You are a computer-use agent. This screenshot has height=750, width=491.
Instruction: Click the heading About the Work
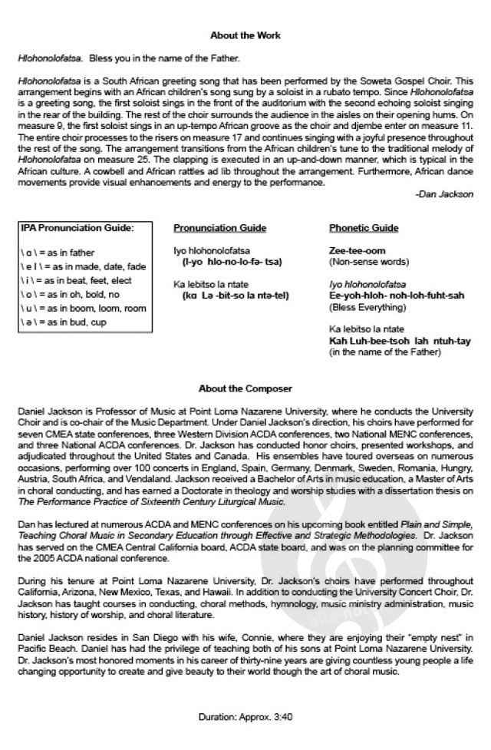tap(245, 35)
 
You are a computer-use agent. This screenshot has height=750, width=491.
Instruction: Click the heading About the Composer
tap(245, 388)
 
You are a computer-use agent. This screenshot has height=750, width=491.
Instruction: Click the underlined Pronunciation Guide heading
tap(220, 228)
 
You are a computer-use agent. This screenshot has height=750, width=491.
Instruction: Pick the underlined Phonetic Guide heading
tap(364, 228)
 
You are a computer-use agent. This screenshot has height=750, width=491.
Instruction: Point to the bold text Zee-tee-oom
tap(357, 251)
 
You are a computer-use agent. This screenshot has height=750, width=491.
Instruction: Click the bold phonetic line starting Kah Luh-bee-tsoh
tap(400, 341)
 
